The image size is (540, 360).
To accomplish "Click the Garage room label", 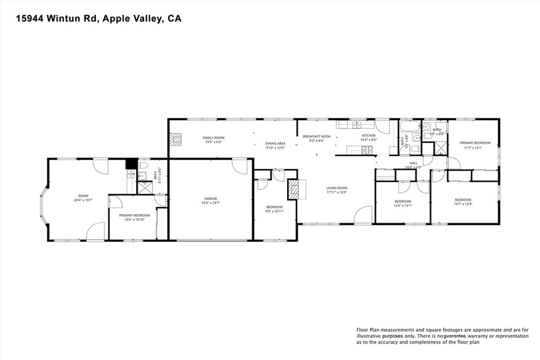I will (x=210, y=199).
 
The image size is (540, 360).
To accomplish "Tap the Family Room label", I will (x=213, y=138).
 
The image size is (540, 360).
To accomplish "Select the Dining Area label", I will (x=275, y=143).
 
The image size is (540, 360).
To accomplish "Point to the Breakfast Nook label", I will (x=316, y=136).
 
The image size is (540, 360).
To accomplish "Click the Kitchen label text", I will (x=368, y=136).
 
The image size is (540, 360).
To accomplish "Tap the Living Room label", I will (x=336, y=188).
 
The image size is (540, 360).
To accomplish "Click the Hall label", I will (x=413, y=163).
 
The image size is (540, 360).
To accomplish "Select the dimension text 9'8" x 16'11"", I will (x=274, y=211).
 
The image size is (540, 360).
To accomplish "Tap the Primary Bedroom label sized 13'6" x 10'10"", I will (x=134, y=215).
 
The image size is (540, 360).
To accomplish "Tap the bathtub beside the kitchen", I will (x=409, y=127).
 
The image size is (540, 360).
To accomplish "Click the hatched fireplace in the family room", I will (x=176, y=138).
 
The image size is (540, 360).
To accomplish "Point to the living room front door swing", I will (x=363, y=216).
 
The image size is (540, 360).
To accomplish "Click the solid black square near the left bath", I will (x=130, y=163).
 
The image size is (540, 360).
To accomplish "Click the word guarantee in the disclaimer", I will (x=458, y=336).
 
